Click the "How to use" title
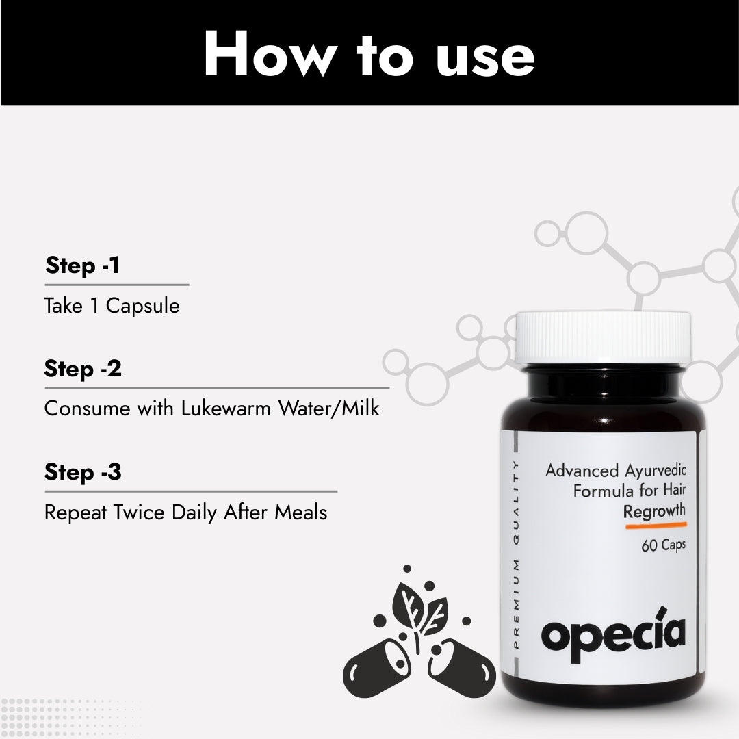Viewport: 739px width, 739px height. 369,55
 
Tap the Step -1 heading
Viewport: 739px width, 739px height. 83,265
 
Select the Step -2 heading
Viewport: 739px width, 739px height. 83,369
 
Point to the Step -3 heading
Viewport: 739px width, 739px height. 83,472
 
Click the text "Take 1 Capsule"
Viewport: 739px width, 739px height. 112,306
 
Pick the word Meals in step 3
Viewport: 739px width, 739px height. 301,512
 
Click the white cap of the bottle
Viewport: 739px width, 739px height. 603,337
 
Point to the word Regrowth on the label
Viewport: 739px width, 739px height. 654,511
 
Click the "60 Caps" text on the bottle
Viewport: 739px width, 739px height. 663,545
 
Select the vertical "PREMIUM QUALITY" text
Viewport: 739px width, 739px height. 516,554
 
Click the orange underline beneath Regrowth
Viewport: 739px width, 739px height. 655,526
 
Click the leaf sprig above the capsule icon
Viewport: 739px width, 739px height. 418,608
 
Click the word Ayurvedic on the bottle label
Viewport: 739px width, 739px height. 656,471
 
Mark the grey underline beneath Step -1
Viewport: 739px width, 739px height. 116,284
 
